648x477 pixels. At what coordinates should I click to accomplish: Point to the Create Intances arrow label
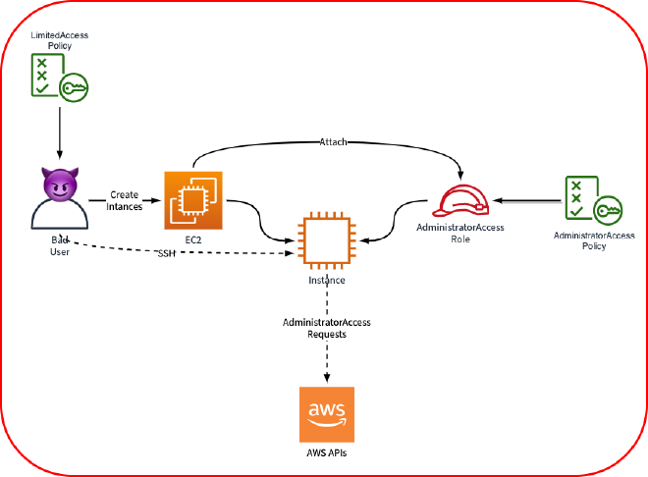pyautogui.click(x=125, y=200)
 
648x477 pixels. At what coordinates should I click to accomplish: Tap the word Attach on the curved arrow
pyautogui.click(x=333, y=143)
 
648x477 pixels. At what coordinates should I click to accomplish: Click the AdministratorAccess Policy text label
pyautogui.click(x=593, y=240)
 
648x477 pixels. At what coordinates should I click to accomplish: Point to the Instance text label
pyautogui.click(x=326, y=280)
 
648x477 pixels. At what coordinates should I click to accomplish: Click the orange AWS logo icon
pyautogui.click(x=326, y=415)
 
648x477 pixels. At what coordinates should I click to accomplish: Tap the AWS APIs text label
pyautogui.click(x=326, y=454)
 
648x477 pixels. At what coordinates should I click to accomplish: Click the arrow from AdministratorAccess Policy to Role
pyautogui.click(x=525, y=199)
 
